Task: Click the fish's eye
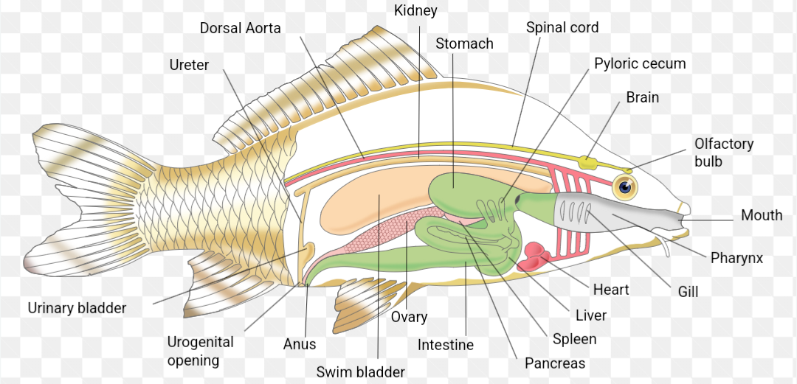click(626, 187)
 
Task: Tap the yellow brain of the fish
click(588, 161)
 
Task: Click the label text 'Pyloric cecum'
click(640, 63)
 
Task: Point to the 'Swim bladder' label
click(361, 371)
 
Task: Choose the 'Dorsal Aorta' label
click(240, 28)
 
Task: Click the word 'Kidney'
click(415, 10)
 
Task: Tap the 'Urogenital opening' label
click(200, 351)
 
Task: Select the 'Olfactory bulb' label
click(723, 152)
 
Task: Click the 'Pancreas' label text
click(555, 363)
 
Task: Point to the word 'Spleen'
click(574, 339)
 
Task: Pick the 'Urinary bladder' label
click(77, 308)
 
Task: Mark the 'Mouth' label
click(762, 215)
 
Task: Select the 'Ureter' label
click(189, 65)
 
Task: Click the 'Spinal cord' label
click(562, 27)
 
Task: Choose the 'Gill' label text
click(688, 292)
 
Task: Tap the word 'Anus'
click(300, 344)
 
